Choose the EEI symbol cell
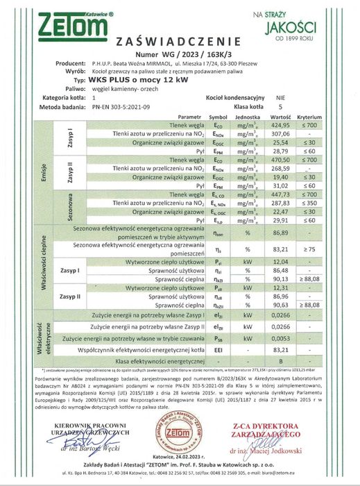[x=218, y=351]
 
